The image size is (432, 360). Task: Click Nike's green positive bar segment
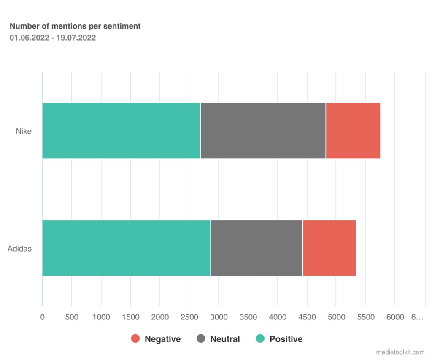click(x=121, y=130)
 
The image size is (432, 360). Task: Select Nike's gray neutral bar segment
click(x=263, y=130)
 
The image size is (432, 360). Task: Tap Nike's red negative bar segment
click(x=353, y=130)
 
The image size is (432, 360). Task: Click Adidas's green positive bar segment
click(x=126, y=248)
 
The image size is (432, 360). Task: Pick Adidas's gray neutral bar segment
click(x=256, y=248)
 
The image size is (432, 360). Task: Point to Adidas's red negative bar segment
click(x=329, y=248)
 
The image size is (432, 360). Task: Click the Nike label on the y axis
click(x=24, y=131)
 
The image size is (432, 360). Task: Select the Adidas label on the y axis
click(x=19, y=249)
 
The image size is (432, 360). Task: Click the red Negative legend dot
click(x=135, y=338)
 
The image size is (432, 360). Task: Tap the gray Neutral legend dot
click(x=201, y=338)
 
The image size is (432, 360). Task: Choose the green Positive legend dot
click(x=260, y=338)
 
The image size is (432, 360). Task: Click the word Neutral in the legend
click(x=225, y=339)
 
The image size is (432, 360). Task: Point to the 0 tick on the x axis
click(x=42, y=317)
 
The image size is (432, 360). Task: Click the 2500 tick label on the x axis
click(x=189, y=317)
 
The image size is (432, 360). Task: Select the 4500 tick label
click(x=307, y=317)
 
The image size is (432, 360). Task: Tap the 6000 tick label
click(x=395, y=317)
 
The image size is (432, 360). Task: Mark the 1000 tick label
click(x=101, y=317)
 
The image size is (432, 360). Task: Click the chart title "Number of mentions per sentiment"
click(x=75, y=26)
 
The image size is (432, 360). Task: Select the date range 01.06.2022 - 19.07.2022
click(x=53, y=38)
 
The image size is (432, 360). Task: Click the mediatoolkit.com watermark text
click(x=400, y=352)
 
